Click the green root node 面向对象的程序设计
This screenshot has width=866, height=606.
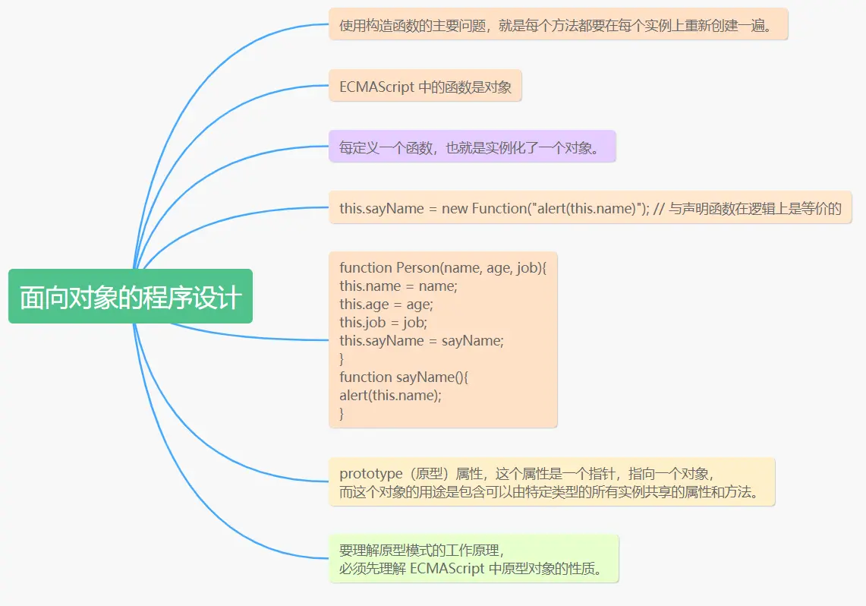click(130, 297)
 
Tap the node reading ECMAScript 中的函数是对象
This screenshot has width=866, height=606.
click(425, 87)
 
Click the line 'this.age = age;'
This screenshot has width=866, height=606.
click(386, 304)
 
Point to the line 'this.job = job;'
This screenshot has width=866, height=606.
click(383, 322)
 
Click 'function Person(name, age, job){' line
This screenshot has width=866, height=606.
click(442, 267)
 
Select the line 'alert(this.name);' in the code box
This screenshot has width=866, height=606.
click(390, 395)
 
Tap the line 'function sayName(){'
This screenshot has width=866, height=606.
click(409, 377)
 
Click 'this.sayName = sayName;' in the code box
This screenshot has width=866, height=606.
click(421, 340)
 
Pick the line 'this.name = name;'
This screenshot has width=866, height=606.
click(398, 286)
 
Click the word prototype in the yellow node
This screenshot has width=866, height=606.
click(371, 474)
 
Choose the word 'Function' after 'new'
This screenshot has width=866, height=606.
click(499, 209)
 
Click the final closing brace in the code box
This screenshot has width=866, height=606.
click(342, 413)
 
